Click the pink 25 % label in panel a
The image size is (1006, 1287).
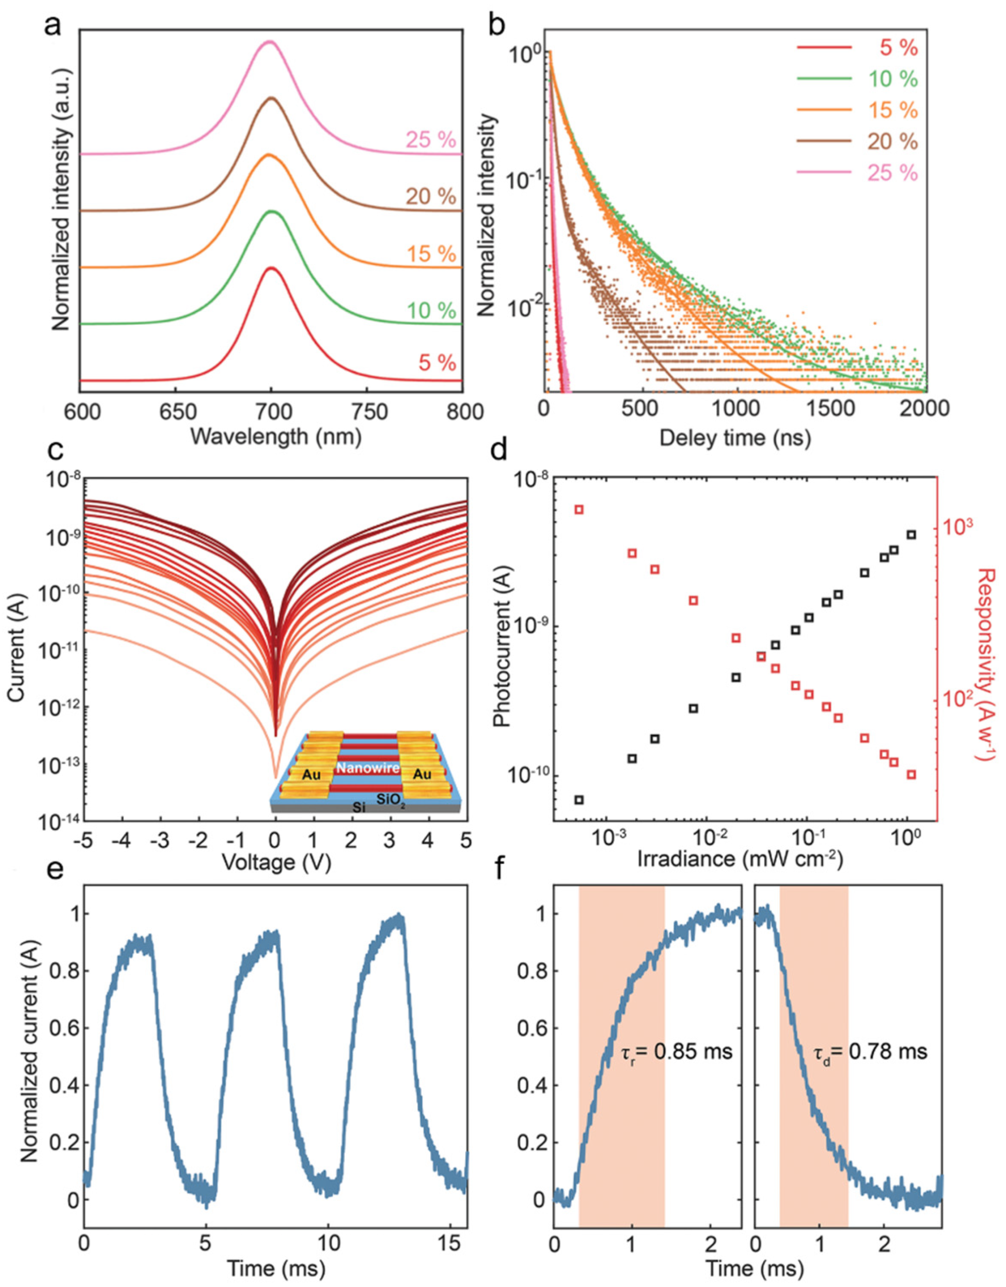(x=430, y=140)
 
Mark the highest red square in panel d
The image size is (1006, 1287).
(x=579, y=509)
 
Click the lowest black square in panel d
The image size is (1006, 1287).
(x=579, y=800)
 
